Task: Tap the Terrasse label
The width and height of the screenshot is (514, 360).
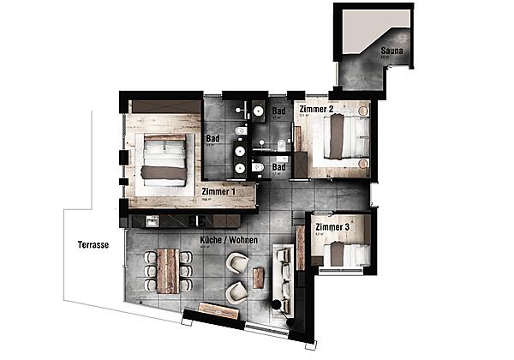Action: click(x=92, y=244)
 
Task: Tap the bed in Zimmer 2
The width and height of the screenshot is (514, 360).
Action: click(x=345, y=137)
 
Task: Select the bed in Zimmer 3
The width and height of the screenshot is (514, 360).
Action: click(x=347, y=254)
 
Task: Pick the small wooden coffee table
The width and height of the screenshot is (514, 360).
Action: click(x=258, y=278)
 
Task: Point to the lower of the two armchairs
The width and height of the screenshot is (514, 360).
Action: click(x=236, y=293)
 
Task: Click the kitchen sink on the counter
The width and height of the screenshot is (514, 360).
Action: click(x=152, y=221)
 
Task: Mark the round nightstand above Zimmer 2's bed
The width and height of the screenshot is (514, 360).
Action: click(x=365, y=111)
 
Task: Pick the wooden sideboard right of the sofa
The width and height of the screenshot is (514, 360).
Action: click(x=301, y=249)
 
